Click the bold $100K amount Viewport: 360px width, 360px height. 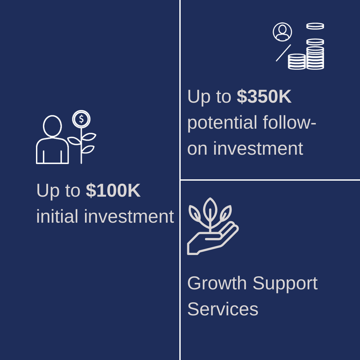coord(113,190)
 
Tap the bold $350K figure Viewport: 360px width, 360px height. coord(264,96)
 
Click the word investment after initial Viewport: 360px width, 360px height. coord(129,216)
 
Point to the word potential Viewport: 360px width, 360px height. coord(222,123)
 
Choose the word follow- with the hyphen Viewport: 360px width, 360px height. coord(290,122)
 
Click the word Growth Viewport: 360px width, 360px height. coord(217,283)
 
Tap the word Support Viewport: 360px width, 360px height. coord(285,284)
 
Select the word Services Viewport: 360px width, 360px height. coord(223,309)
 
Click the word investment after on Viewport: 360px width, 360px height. coord(258,149)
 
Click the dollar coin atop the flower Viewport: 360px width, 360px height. coord(81,119)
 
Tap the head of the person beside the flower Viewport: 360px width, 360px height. coord(52,126)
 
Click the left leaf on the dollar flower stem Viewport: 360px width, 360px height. coord(74,141)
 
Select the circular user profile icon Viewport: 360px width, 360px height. coord(282,32)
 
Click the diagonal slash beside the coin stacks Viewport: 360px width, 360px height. coord(283,53)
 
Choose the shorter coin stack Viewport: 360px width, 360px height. coord(297,62)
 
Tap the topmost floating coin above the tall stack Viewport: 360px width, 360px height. coord(315,26)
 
